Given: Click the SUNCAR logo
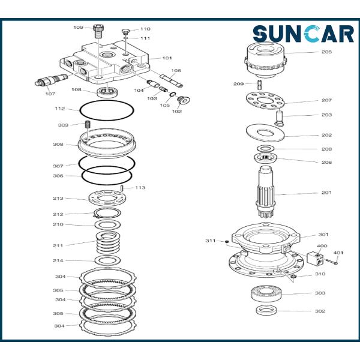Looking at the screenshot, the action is click(303, 34).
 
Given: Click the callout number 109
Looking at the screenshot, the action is click(78, 28).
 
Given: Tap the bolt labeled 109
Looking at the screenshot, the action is click(98, 32).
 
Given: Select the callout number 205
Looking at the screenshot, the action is click(326, 52).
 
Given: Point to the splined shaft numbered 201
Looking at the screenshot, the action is click(266, 192).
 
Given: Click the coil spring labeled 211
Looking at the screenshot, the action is click(108, 242).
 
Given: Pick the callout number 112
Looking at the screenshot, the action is click(60, 109).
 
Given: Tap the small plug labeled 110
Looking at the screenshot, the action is click(125, 31).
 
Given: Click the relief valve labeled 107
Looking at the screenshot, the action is click(51, 79).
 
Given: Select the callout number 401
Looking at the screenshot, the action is click(338, 253).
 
